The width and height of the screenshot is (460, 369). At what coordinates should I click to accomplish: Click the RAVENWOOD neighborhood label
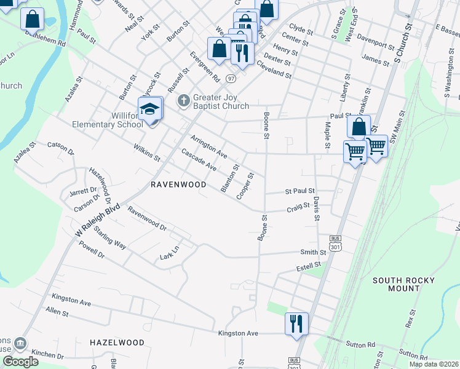pyautogui.click(x=178, y=184)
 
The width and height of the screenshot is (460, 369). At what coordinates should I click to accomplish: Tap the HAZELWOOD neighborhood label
pyautogui.click(x=117, y=342)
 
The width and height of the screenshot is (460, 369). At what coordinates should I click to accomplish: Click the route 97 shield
pyautogui.click(x=230, y=79)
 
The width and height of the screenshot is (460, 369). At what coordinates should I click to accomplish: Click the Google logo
pyautogui.click(x=20, y=362)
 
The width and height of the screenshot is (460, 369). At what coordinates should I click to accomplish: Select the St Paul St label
pyautogui.click(x=299, y=191)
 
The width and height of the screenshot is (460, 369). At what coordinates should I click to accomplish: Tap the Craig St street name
pyautogui.click(x=298, y=209)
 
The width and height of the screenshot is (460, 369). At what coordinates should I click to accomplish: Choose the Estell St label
pyautogui.click(x=309, y=266)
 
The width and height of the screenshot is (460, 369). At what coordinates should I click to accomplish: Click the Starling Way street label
pyautogui.click(x=110, y=237)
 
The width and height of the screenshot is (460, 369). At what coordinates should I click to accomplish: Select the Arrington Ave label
pyautogui.click(x=208, y=146)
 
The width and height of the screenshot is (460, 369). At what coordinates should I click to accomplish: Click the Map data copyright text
pyautogui.click(x=434, y=364)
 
